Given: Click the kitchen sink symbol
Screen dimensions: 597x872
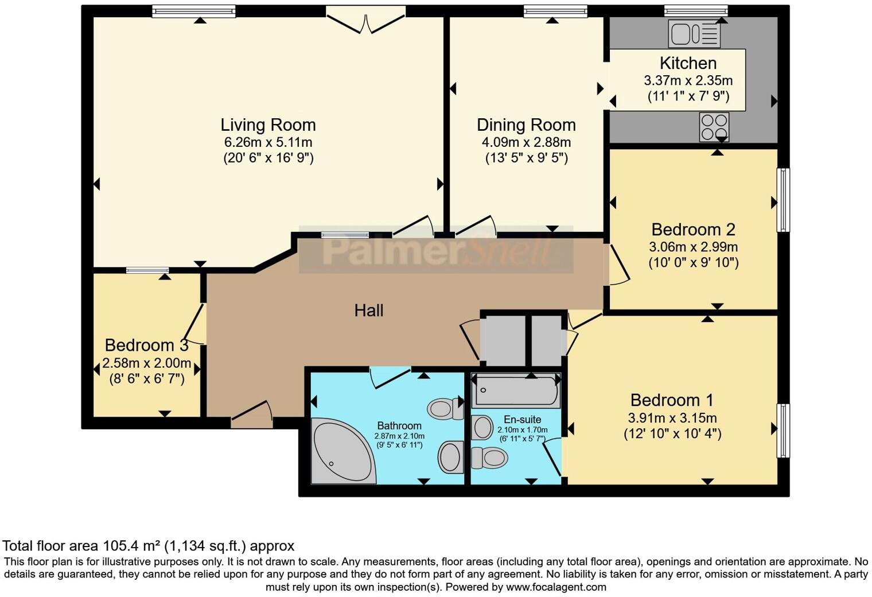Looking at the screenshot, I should (694, 34).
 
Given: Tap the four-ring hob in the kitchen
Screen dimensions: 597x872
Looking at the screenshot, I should (714, 127).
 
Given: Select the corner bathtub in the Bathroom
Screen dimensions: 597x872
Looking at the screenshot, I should (338, 451).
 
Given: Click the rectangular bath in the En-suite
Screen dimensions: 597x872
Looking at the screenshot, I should (515, 391).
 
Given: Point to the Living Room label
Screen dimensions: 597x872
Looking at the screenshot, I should (268, 125).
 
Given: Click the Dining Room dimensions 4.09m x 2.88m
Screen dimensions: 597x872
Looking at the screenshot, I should (526, 142).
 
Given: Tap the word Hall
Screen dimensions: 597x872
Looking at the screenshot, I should (368, 311).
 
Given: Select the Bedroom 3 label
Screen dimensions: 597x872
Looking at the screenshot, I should (146, 345).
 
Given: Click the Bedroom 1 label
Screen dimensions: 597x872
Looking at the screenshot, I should (672, 400).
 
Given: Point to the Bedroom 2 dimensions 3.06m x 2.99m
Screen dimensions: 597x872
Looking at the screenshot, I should (693, 247).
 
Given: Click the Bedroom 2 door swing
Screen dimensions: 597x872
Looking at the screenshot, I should (617, 265).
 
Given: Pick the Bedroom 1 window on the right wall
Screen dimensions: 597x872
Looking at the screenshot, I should (783, 431).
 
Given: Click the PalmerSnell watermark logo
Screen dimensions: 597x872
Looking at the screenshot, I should (436, 250).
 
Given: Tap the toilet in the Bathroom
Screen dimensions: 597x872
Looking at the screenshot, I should (445, 409).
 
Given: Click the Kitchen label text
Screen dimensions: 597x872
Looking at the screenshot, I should (687, 63).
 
